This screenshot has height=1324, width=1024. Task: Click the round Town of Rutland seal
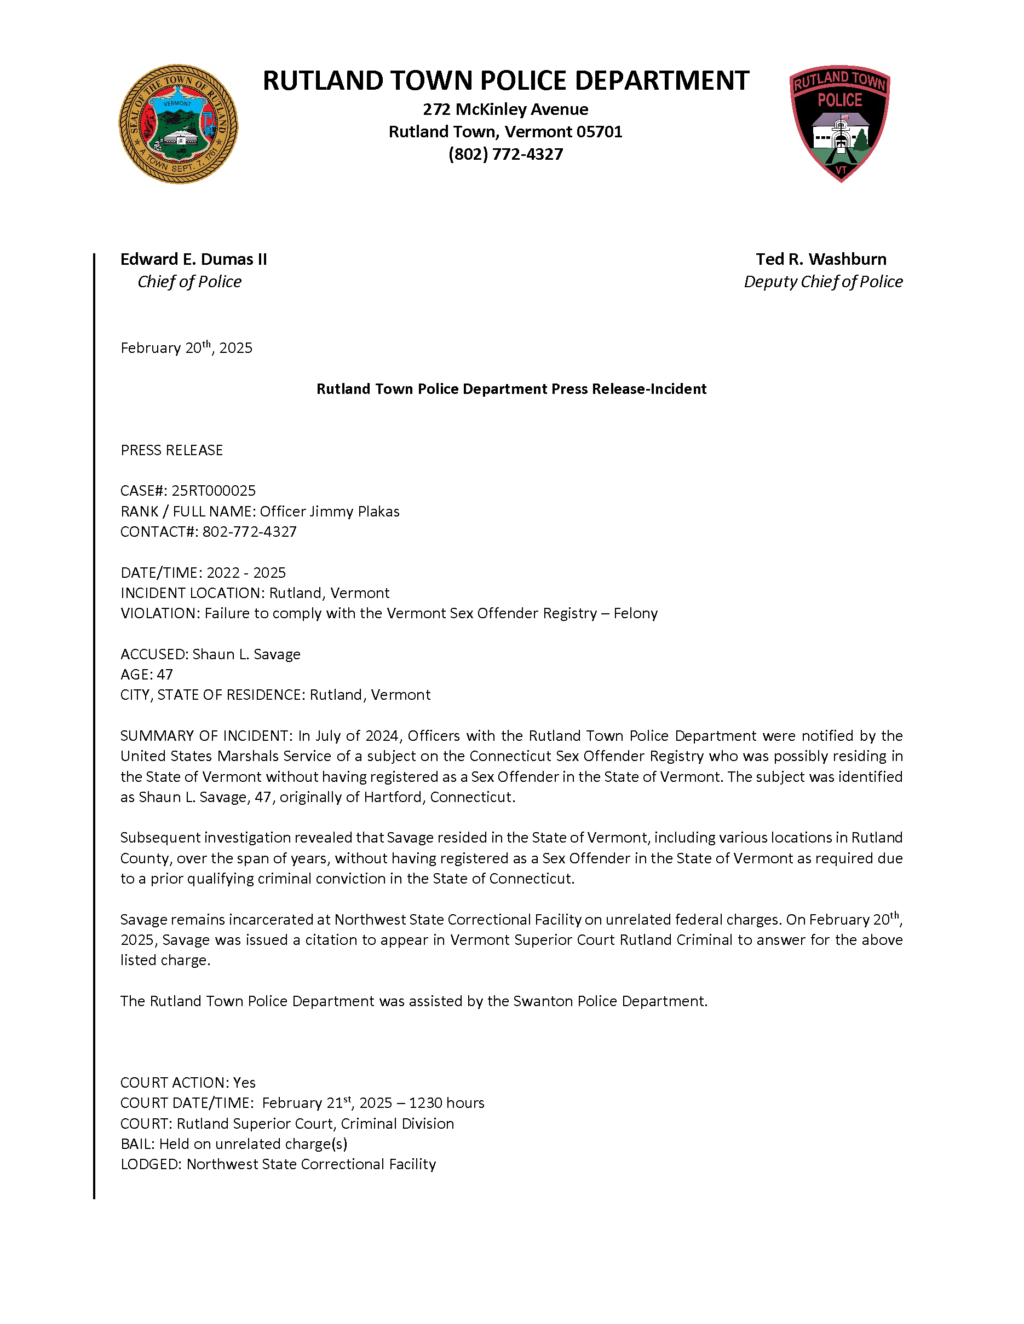tap(178, 124)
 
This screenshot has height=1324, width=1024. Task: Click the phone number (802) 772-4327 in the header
tap(505, 154)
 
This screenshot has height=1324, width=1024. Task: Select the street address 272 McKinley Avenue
tap(505, 109)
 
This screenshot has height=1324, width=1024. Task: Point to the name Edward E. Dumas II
tap(193, 259)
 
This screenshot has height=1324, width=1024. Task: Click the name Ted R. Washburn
tap(821, 259)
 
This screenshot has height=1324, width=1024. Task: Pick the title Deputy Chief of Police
tap(823, 282)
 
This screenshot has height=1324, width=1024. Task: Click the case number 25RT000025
tap(214, 490)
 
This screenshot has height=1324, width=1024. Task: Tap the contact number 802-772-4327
tap(249, 532)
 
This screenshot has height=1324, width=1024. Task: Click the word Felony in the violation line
tap(635, 613)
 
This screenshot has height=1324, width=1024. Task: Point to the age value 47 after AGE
tap(165, 675)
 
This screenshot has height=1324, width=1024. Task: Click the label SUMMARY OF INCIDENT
tap(206, 736)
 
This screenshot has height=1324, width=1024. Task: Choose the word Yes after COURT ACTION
tap(244, 1083)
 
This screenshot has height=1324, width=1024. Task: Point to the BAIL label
tap(137, 1144)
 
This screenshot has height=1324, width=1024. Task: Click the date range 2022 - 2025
tap(246, 573)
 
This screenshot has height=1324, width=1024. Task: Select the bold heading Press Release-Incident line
tap(511, 389)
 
